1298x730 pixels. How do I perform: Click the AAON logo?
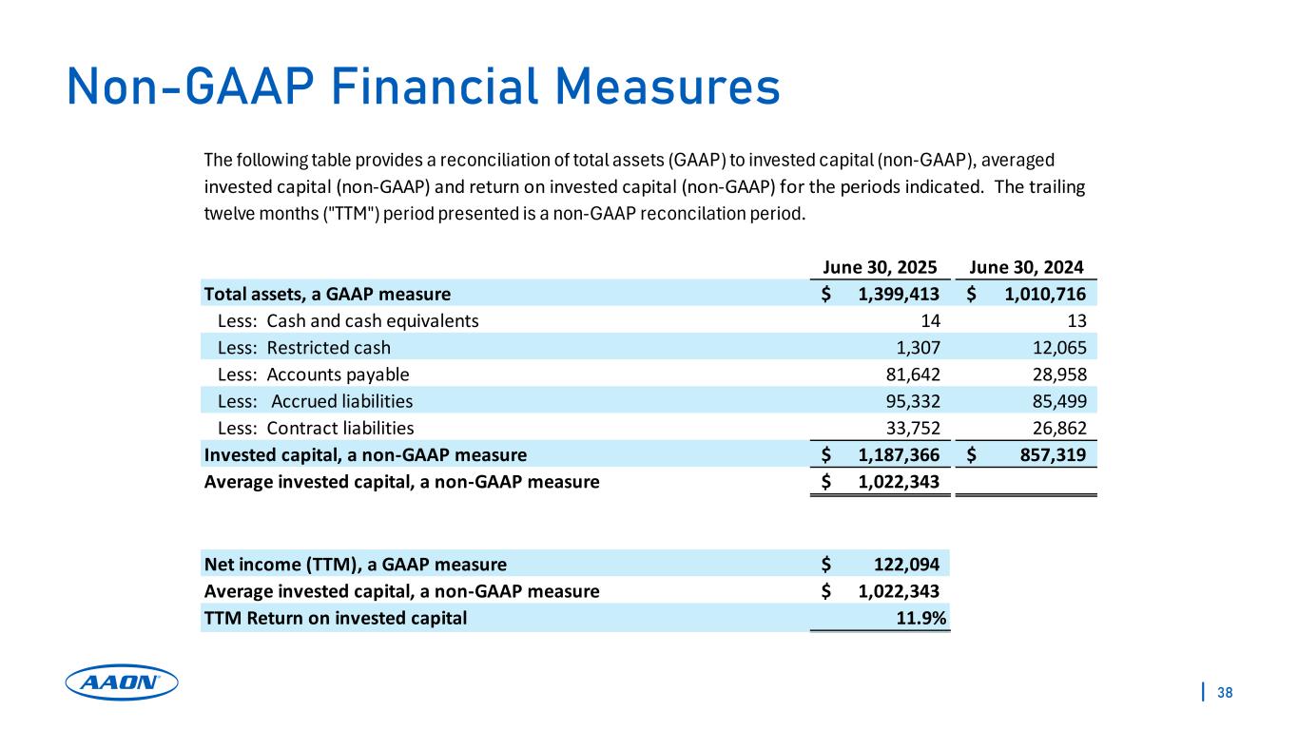coord(122,682)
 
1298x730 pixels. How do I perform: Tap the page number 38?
coord(1225,692)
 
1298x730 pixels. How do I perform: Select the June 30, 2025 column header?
coord(880,267)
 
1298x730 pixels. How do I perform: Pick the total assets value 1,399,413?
coord(899,294)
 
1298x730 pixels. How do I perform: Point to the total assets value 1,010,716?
coord(1044,294)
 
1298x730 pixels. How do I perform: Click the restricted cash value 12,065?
coord(1059,347)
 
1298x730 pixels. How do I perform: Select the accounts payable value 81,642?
coord(912,374)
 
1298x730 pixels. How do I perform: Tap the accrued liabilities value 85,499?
coord(1059,401)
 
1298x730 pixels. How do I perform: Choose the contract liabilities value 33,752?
coord(912,428)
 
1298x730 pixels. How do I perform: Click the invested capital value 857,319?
coord(1051,454)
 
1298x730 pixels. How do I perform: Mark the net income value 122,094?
coord(906,564)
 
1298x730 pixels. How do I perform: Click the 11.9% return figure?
coord(923,618)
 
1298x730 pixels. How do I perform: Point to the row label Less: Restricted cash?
coord(304,347)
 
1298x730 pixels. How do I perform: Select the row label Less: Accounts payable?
coord(314,374)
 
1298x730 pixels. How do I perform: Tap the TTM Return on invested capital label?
coord(336,618)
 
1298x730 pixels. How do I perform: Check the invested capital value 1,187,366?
coord(899,454)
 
